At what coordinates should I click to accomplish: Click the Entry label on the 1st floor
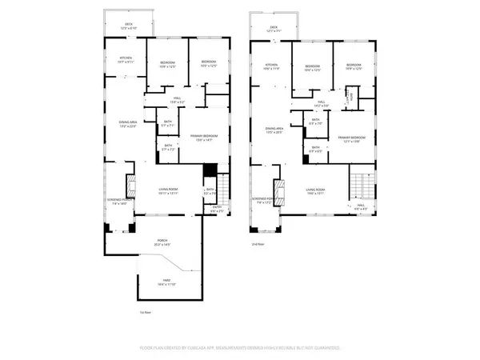[215, 210]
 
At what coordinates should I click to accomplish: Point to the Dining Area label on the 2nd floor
[274, 130]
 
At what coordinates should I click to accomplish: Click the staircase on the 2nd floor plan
[361, 186]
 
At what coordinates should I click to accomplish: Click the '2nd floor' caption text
[258, 243]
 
